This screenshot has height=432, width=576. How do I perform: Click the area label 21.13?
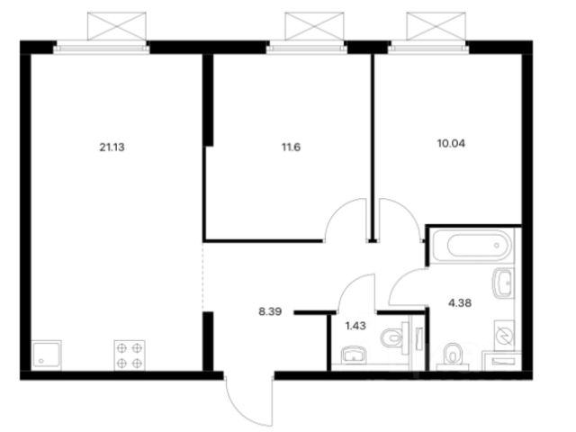112,148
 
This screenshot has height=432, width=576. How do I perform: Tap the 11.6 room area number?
291,148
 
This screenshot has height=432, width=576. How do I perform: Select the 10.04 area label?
451,143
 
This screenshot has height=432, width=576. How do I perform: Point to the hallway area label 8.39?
270,312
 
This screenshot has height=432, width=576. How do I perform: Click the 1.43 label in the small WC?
355,326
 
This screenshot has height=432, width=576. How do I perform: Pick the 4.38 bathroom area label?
460,303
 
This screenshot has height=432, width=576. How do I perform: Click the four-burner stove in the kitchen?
130,355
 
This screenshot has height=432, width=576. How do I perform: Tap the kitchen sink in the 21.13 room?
47,355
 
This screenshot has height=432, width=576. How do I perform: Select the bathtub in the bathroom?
472,246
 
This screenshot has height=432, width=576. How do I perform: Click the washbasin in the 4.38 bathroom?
503,283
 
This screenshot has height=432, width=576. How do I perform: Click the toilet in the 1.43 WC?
394,338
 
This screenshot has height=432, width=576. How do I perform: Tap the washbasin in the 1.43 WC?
354,355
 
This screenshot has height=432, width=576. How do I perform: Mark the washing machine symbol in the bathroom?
504,335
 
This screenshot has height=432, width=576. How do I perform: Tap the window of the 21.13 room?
102,48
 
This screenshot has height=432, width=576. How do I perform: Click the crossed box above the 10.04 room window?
436,26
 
